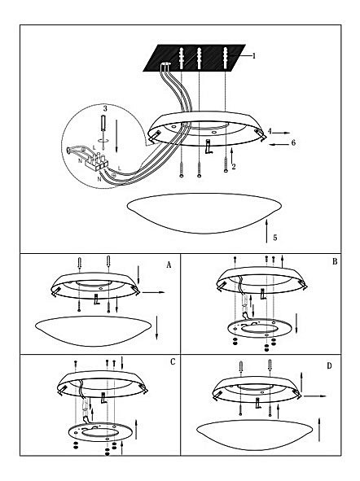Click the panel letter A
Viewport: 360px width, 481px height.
coord(169,265)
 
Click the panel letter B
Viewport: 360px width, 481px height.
coord(335,261)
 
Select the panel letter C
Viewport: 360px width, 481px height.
coord(173,361)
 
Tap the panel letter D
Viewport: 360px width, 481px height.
coord(329,366)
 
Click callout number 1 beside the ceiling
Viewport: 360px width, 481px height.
coord(253,56)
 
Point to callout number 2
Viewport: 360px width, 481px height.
coord(234,167)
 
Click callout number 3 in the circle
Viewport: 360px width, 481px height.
coord(105,108)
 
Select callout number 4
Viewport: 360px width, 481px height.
coord(270,131)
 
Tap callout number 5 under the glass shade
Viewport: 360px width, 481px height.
coord(275,238)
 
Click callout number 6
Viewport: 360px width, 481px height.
coord(293,142)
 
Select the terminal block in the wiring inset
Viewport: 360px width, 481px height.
coord(97,161)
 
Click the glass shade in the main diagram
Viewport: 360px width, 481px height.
coord(204,212)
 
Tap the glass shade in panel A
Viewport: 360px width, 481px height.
coord(94,331)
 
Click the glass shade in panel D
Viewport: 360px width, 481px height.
coord(254,435)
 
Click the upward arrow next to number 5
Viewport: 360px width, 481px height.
coord(266,231)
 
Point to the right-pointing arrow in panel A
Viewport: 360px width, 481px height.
coord(154,292)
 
